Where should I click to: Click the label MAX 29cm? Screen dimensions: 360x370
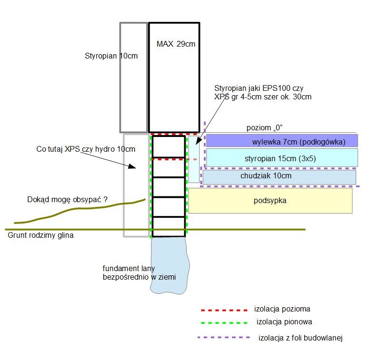point(176,44)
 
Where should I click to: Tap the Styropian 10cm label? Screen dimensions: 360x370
point(110,56)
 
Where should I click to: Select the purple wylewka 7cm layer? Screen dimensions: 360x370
point(281,141)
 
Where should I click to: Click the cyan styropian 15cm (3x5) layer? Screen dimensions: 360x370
point(281,158)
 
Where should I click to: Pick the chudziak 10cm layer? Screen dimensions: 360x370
point(279,176)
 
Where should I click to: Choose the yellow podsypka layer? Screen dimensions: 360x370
point(270,200)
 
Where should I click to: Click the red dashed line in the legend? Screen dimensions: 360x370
point(224,310)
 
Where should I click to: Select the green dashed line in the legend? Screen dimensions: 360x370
point(224,322)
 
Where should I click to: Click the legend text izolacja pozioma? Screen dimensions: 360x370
point(282,309)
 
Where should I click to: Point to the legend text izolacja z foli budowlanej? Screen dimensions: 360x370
point(300,338)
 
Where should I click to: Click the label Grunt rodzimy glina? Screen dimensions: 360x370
point(40,235)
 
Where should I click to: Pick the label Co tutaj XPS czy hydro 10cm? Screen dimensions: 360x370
point(86,149)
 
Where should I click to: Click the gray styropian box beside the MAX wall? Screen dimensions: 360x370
point(133,77)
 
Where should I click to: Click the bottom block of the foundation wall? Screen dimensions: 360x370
point(168,227)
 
